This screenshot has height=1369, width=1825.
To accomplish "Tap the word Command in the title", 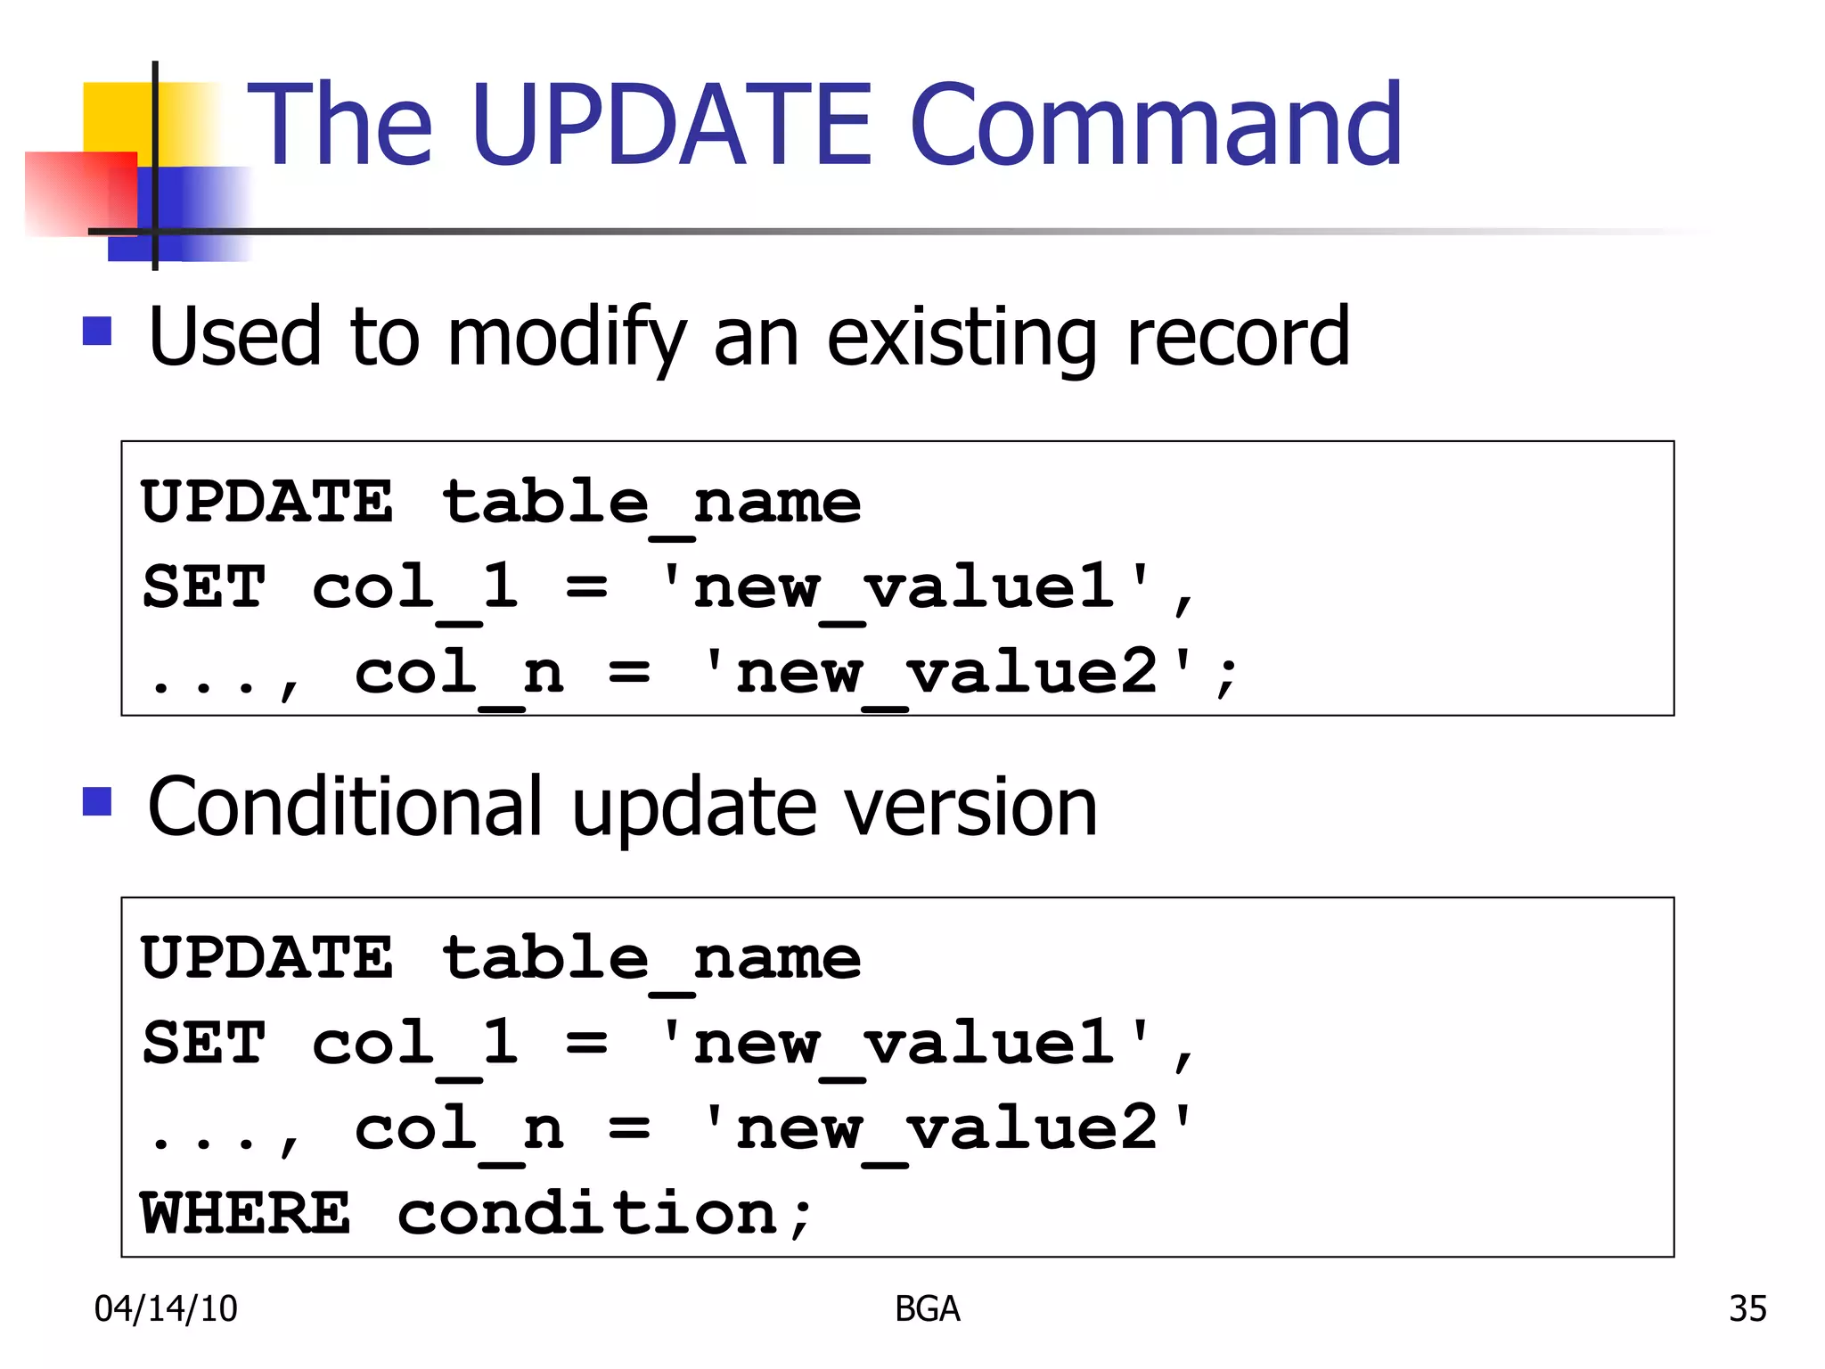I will click(x=1157, y=125).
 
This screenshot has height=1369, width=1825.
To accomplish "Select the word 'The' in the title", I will click(x=340, y=125).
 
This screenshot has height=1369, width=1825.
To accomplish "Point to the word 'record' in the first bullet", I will click(x=1238, y=337).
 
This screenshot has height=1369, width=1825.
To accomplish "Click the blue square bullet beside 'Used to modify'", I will click(x=97, y=331).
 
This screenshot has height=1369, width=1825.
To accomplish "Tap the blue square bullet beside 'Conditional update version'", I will click(x=97, y=801).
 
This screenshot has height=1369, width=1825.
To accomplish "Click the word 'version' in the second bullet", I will click(x=970, y=806).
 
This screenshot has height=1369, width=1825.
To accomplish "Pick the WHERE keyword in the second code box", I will click(x=246, y=1213).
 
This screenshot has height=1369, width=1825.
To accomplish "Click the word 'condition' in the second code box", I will click(x=588, y=1213).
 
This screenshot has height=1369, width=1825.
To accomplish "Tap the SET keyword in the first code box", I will click(x=204, y=587).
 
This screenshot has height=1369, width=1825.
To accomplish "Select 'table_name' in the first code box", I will click(x=651, y=503).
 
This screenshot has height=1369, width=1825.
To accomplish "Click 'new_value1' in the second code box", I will click(x=904, y=1044).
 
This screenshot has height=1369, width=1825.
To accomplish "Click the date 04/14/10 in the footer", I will click(x=166, y=1308).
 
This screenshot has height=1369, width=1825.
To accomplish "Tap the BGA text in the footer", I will click(x=927, y=1308).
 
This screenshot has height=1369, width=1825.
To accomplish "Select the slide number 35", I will click(x=1747, y=1308).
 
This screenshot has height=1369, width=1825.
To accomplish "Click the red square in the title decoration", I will click(x=80, y=193).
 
